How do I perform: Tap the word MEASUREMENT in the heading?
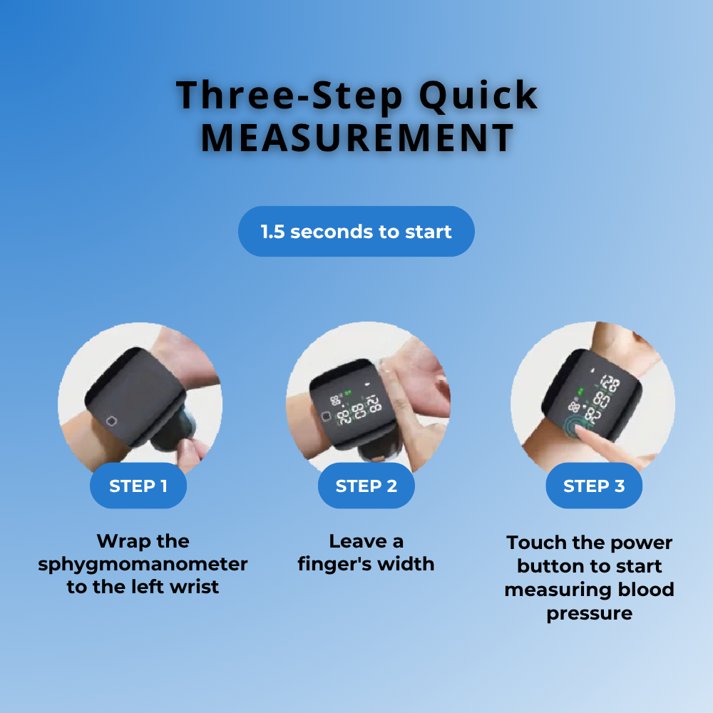point(357,138)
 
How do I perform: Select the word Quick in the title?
point(478,96)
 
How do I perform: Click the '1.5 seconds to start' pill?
point(356,232)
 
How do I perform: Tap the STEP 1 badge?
point(138,486)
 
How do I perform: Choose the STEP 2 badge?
point(366,486)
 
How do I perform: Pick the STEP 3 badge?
point(594,486)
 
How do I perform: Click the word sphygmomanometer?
point(143,565)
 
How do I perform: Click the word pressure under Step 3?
point(589,613)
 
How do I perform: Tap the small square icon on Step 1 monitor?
point(112,420)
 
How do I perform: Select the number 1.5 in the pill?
point(273,232)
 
